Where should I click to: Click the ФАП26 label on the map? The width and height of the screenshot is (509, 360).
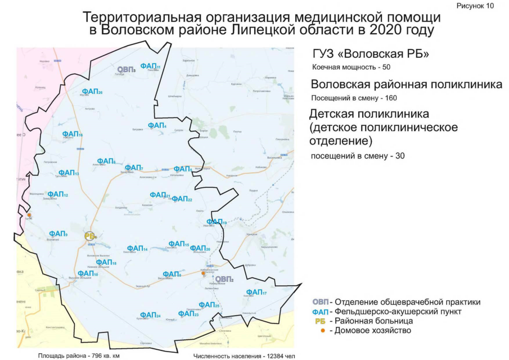pyautogui.click(x=92, y=91)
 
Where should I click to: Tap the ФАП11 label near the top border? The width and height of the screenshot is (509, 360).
pyautogui.click(x=150, y=66)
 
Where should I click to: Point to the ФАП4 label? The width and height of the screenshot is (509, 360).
pyautogui.click(x=157, y=125)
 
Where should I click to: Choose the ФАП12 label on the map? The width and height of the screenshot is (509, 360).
pyautogui.click(x=57, y=195)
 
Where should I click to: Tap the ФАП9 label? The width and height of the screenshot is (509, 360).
pyautogui.click(x=58, y=233)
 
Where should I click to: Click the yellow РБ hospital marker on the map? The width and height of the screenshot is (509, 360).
pyautogui.click(x=90, y=236)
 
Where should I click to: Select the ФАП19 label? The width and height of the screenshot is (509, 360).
pyautogui.click(x=217, y=222)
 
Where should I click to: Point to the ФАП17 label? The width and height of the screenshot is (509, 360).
pyautogui.click(x=256, y=292)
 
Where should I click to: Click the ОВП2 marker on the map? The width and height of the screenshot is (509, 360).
pyautogui.click(x=224, y=278)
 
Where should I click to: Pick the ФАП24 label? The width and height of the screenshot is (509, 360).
pyautogui.click(x=150, y=315)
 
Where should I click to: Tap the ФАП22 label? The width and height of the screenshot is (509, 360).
pyautogui.click(x=182, y=199)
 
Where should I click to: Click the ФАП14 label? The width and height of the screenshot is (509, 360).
pyautogui.click(x=137, y=249)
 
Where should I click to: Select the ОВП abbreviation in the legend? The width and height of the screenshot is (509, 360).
pyautogui.click(x=320, y=301)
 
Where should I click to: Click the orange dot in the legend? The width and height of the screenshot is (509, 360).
pyautogui.click(x=322, y=330)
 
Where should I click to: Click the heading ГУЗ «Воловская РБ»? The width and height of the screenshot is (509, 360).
pyautogui.click(x=371, y=55)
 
